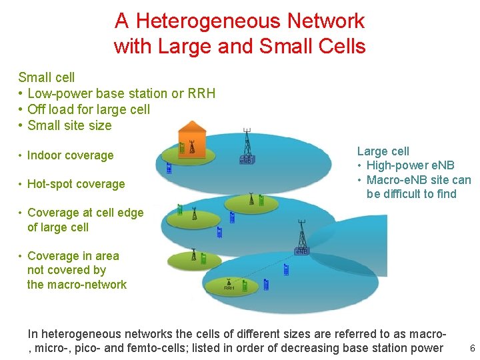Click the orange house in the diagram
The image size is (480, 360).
pyautogui.click(x=191, y=139)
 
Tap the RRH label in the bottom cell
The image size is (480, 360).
pyautogui.click(x=229, y=288)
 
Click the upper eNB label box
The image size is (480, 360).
pyautogui.click(x=245, y=161)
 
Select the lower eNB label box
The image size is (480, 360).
pyautogui.click(x=301, y=251)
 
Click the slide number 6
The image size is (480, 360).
pyautogui.click(x=472, y=349)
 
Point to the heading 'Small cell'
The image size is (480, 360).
pyautogui.click(x=47, y=77)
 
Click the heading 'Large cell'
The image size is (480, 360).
pyautogui.click(x=383, y=151)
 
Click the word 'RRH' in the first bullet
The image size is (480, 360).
pyautogui.click(x=201, y=93)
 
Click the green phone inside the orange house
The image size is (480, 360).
pyautogui.click(x=181, y=148)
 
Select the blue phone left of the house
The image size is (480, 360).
pyautogui.click(x=169, y=169)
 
